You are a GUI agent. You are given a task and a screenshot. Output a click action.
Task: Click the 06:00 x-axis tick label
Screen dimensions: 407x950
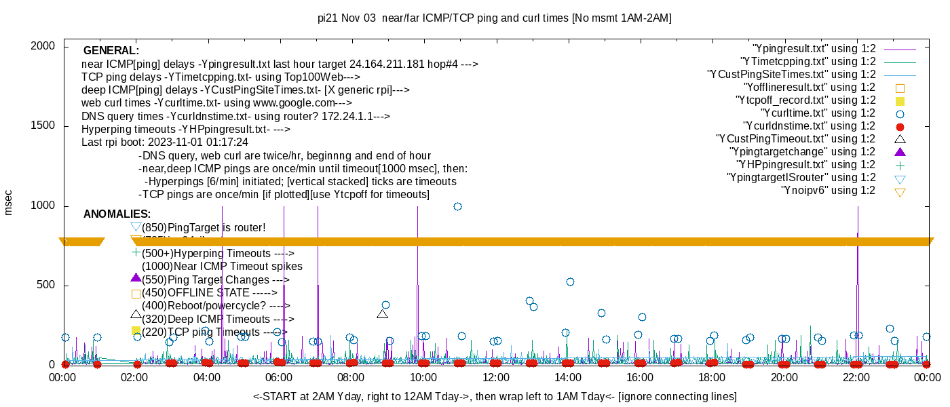[x=279, y=376]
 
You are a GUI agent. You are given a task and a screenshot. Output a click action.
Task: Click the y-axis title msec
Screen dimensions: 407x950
[x=9, y=202]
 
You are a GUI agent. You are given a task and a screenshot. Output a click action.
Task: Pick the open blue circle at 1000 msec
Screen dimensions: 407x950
[x=457, y=206]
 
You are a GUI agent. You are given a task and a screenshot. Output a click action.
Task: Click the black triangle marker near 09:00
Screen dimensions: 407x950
[x=382, y=313]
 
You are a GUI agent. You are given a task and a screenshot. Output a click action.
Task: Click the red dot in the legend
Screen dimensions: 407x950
[x=900, y=127]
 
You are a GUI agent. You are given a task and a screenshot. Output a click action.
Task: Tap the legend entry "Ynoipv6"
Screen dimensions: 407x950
[x=827, y=191]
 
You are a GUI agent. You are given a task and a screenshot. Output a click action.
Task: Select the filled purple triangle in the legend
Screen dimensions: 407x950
[x=900, y=152]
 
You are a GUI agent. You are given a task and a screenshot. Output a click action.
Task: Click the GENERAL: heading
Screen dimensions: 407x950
[x=111, y=51]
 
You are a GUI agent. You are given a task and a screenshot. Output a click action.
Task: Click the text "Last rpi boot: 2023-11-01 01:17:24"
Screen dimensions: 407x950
[x=165, y=142]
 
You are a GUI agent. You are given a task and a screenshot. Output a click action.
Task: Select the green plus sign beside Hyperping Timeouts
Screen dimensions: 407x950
[x=136, y=252]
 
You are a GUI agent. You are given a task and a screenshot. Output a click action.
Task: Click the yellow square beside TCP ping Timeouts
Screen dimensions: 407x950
[x=136, y=330]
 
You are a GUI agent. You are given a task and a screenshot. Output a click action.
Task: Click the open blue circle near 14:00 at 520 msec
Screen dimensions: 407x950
[x=570, y=282]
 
